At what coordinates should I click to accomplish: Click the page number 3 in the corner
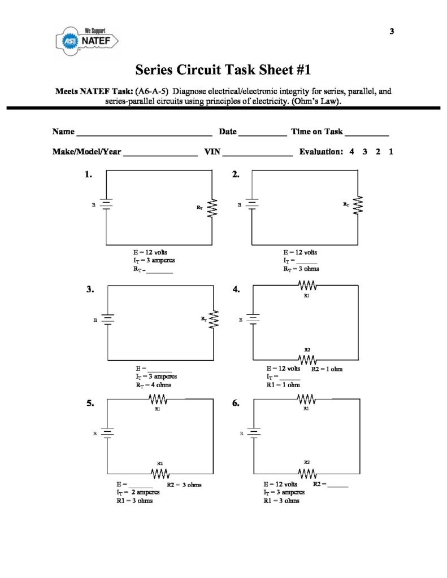click(392, 31)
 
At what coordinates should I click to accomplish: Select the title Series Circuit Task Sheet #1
click(223, 70)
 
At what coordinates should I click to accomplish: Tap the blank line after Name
click(144, 134)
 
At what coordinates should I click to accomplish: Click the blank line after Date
click(262, 134)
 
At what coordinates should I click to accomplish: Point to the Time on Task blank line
click(366, 134)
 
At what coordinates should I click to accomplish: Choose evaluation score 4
click(351, 151)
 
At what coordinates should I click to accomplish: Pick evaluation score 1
click(391, 151)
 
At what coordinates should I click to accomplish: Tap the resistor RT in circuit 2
click(358, 205)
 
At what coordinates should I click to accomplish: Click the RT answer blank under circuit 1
click(160, 272)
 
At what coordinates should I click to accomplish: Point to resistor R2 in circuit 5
click(159, 472)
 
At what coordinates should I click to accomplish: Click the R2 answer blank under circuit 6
click(337, 486)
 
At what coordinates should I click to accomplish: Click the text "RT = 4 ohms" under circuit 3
click(153, 385)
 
